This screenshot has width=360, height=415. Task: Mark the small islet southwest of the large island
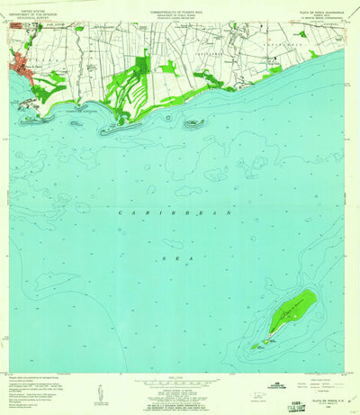[256, 344]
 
